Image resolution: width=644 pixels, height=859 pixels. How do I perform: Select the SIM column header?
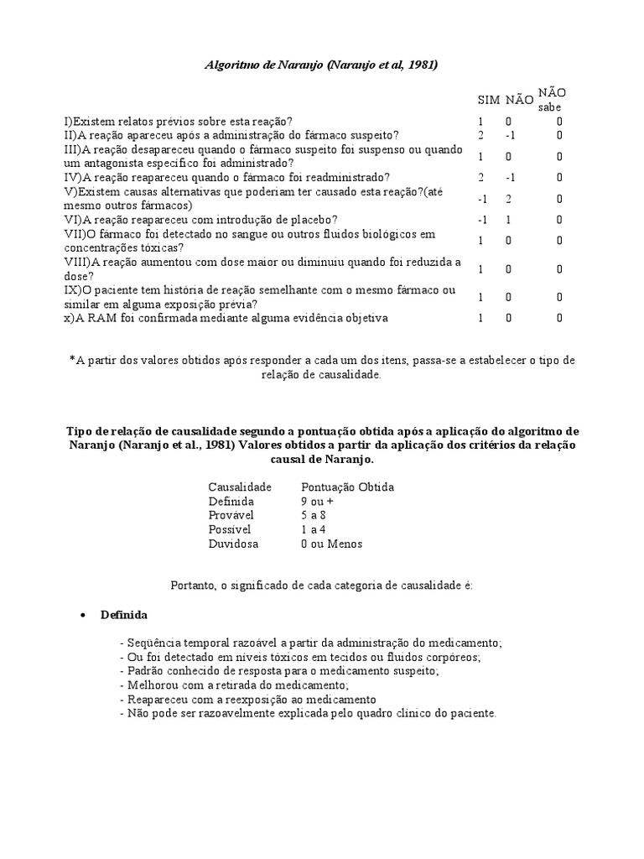pos(488,100)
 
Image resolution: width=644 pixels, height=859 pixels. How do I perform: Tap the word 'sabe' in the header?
pos(550,107)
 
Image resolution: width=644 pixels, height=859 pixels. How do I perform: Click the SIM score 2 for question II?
pos(481,135)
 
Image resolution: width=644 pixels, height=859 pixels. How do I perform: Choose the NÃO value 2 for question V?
pos(508,199)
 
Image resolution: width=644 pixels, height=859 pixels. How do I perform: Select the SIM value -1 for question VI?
pos(481,220)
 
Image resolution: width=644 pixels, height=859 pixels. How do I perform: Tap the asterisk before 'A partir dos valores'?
pos(71,360)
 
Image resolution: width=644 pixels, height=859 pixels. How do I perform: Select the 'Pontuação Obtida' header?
pos(347,487)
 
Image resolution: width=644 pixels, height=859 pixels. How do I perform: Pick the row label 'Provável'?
pos(231,515)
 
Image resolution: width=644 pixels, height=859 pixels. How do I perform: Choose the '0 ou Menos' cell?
pos(331,544)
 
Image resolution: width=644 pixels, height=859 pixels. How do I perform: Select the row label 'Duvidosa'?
pos(233,544)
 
